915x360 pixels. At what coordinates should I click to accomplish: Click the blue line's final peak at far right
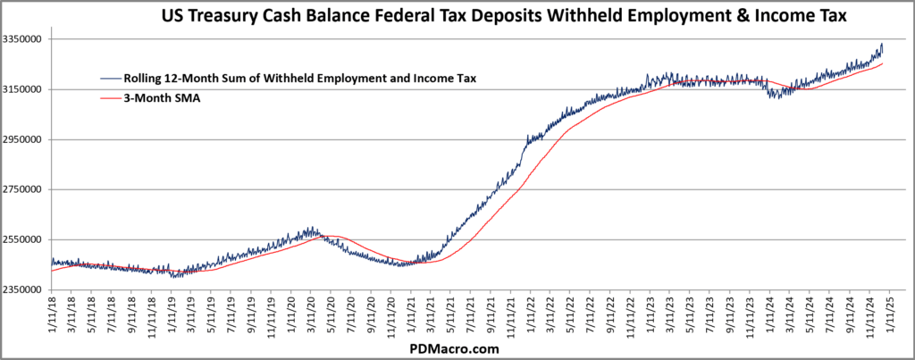tap(882, 44)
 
